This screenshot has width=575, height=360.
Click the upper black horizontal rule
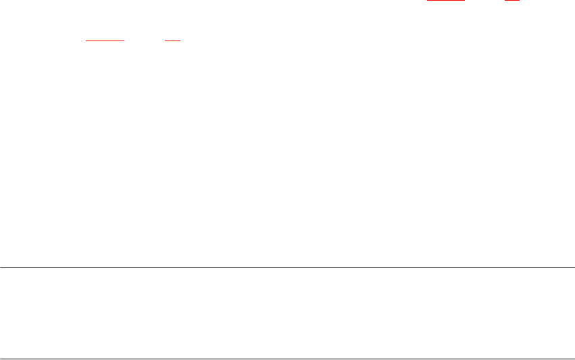[x=287, y=268]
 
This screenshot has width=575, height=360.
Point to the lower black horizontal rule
[x=287, y=358]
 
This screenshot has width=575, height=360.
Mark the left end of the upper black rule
[x=1, y=268]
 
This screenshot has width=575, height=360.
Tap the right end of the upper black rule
[x=574, y=268]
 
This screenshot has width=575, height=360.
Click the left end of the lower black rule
[x=1, y=358]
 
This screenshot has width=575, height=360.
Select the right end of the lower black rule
[x=574, y=358]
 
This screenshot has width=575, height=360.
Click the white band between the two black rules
[x=287, y=313]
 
